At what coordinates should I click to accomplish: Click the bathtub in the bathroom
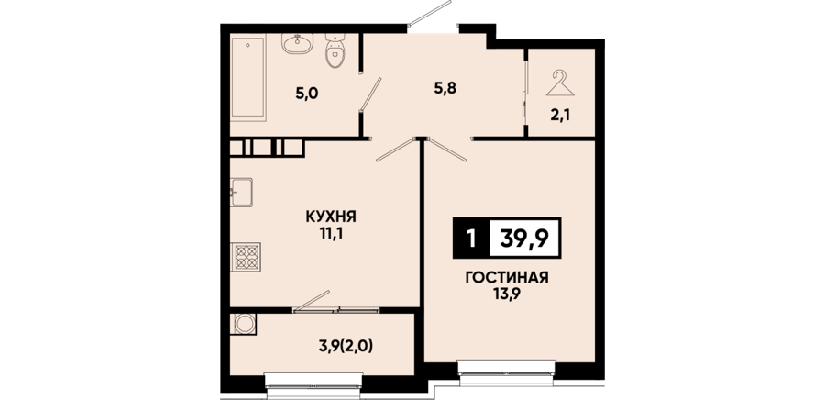(248, 77)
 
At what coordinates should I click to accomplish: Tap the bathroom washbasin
(297, 43)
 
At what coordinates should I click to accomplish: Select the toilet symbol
(335, 51)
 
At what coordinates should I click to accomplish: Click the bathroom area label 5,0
(307, 94)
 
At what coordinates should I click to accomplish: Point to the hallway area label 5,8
(445, 88)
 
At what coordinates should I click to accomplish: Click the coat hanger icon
(560, 83)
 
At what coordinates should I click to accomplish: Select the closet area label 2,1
(560, 115)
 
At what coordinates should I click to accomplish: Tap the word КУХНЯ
(331, 217)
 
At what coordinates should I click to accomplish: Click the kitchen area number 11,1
(332, 233)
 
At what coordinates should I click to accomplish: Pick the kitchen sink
(241, 192)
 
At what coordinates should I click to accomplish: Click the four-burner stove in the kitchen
(246, 256)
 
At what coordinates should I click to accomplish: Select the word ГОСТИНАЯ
(507, 277)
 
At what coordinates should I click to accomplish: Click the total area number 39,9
(524, 239)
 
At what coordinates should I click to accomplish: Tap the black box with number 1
(471, 238)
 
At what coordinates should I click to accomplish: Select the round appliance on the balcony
(244, 324)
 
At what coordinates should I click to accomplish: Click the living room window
(507, 372)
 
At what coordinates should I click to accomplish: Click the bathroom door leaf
(370, 94)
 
